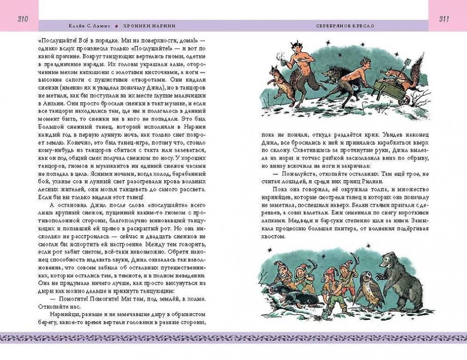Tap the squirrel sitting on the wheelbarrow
[x=392, y=77]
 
